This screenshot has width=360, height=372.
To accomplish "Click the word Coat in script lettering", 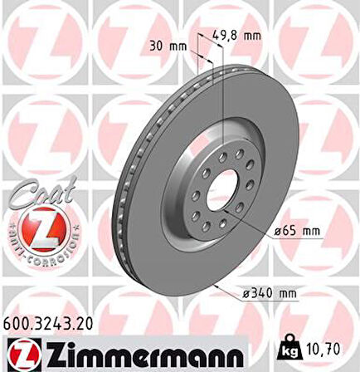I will pos(37,193).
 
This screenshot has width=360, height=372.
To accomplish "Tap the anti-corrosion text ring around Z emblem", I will pos(38,249).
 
